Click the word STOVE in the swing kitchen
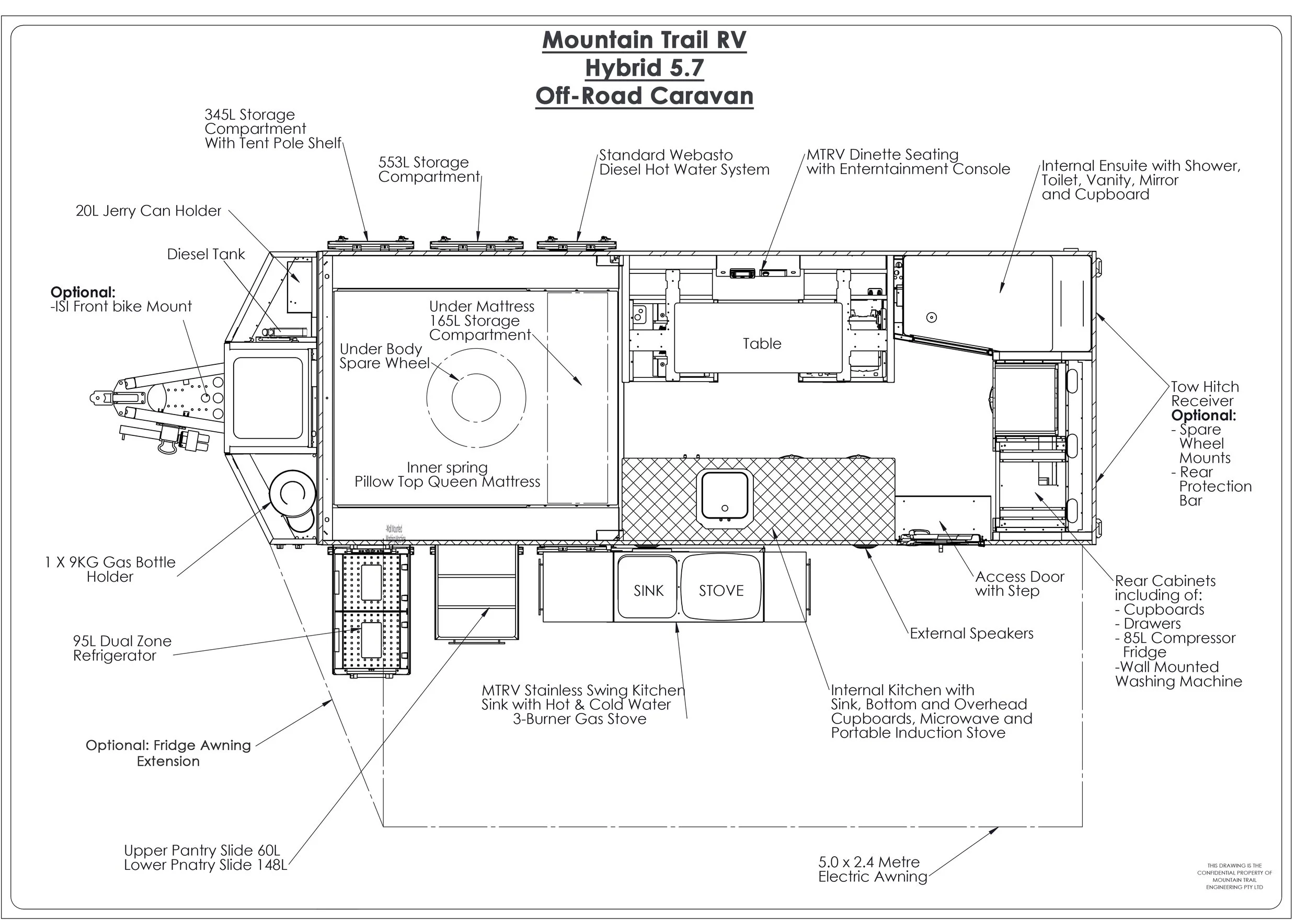coord(721,591)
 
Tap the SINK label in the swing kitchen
coord(648,591)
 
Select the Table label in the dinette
coord(762,344)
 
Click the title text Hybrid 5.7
coord(645,68)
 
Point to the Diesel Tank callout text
coord(205,255)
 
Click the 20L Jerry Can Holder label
coord(148,211)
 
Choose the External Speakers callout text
coord(971,634)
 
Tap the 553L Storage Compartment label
coord(429,170)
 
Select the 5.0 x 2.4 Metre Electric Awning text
coord(872,869)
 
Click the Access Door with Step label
coord(1019,583)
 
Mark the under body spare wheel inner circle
coord(476,397)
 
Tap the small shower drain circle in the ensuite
coord(931,317)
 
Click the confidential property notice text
coord(1234,876)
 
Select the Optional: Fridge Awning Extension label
coord(168,753)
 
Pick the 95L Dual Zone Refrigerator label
coord(122,648)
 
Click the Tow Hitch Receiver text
coord(1205,394)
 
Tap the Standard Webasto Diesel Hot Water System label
coord(684,162)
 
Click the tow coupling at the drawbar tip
coord(101,397)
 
